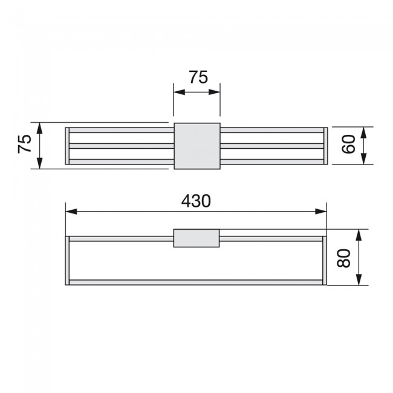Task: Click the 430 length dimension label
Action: pos(196,201)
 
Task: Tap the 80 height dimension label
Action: pos(343,258)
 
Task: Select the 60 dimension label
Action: pos(349,144)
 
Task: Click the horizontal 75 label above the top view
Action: pos(198,77)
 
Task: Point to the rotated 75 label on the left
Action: pos(25,144)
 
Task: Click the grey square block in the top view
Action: pos(197,146)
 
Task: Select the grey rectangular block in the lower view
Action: pos(197,238)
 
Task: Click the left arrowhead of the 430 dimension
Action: pos(71,212)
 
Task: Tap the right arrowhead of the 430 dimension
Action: pos(321,212)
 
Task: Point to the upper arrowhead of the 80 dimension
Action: pos(359,235)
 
